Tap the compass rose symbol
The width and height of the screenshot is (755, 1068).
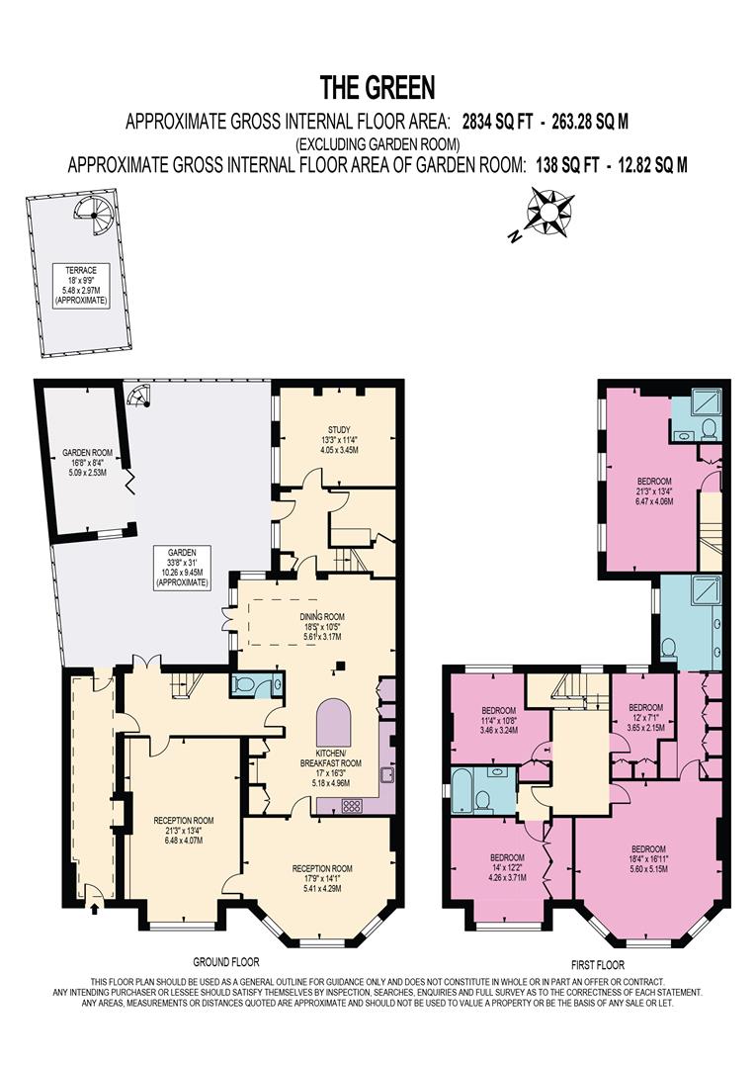[545, 211]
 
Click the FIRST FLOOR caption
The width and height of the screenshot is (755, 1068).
[599, 964]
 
